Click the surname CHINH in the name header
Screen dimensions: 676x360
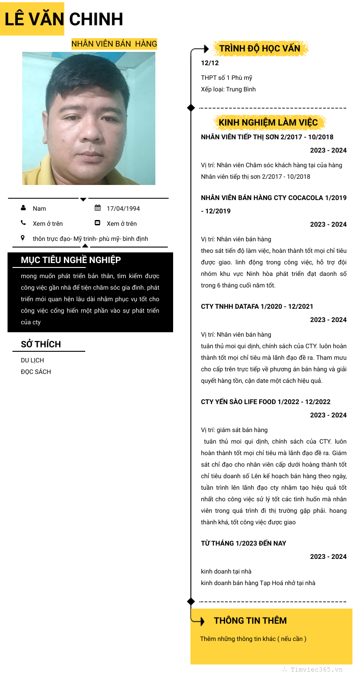pos(96,19)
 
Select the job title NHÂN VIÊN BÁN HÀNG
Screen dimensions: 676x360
pos(114,44)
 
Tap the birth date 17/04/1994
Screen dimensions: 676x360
pos(123,208)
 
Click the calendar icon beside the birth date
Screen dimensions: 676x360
pos(98,208)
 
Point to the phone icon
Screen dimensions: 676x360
pos(23,223)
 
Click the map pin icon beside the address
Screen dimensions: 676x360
pos(23,238)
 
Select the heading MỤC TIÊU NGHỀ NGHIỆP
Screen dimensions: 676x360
pos(71,260)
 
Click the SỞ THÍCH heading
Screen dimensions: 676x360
pos(41,344)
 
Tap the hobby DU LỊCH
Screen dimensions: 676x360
pos(32,360)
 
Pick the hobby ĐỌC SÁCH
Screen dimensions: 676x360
pos(36,372)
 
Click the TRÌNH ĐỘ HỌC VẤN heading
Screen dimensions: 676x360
pos(260,48)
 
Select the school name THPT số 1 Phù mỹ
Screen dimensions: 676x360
pos(226,78)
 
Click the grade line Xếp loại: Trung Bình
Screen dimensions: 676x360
pos(228,89)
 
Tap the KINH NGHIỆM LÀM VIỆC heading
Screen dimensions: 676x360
pos(268,122)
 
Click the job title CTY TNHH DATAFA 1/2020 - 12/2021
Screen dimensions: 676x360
pos(257,307)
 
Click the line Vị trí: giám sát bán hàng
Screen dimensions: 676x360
pos(234,430)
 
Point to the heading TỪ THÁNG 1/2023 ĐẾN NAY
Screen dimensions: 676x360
pos(243,543)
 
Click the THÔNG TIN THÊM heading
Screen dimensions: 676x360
pos(250,621)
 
